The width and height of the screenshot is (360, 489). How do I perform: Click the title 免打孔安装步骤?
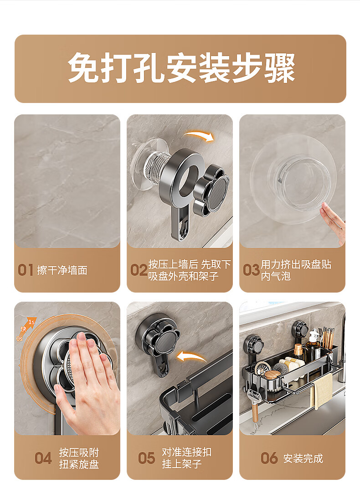(181, 68)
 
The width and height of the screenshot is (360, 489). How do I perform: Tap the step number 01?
(25, 270)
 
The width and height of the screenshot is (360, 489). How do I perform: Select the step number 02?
(139, 270)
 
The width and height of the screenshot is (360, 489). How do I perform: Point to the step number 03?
(251, 270)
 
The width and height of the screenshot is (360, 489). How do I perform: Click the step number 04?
(43, 458)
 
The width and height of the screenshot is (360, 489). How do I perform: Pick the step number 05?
(146, 458)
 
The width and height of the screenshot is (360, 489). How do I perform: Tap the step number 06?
(269, 458)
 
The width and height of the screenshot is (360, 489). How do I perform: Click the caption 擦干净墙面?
(62, 270)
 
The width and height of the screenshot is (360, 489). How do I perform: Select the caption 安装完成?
(303, 458)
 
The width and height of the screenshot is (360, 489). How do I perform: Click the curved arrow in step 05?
(191, 356)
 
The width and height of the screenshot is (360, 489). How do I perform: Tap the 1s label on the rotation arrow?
(31, 322)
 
